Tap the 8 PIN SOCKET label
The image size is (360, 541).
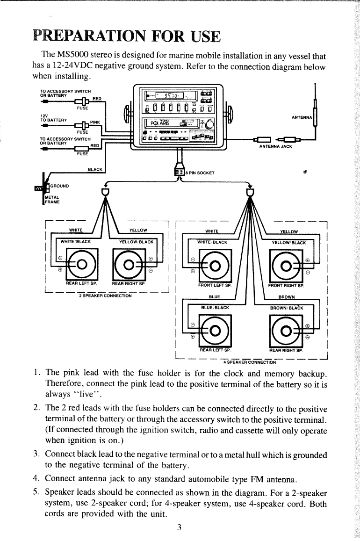202,173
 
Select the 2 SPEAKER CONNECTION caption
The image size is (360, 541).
104,296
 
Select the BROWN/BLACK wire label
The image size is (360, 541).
287,308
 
